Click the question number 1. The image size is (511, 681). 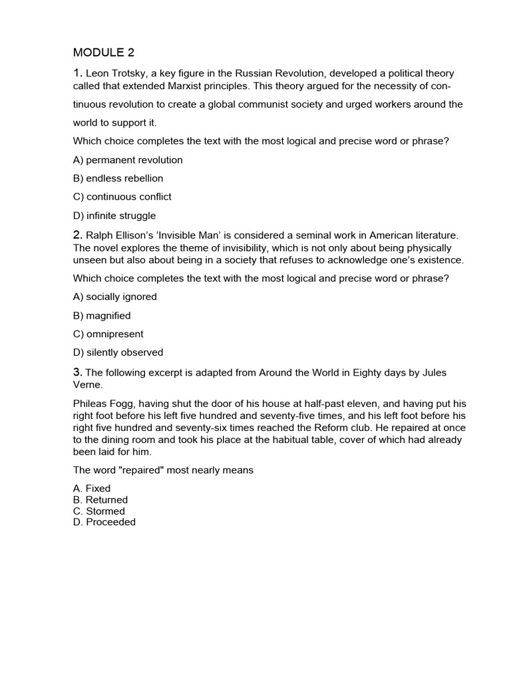[77, 73]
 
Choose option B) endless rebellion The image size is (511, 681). [118, 178]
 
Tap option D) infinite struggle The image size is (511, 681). [114, 215]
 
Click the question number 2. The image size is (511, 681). [77, 235]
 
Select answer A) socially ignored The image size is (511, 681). [115, 297]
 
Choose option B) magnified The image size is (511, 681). [102, 315]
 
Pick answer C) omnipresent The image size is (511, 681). [108, 334]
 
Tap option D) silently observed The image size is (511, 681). [118, 352]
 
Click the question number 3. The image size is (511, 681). [77, 372]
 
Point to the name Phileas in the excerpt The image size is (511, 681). [90, 403]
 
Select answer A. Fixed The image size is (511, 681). [92, 488]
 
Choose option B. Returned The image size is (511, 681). [100, 499]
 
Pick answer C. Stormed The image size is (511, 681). [99, 511]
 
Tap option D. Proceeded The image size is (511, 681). [104, 522]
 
